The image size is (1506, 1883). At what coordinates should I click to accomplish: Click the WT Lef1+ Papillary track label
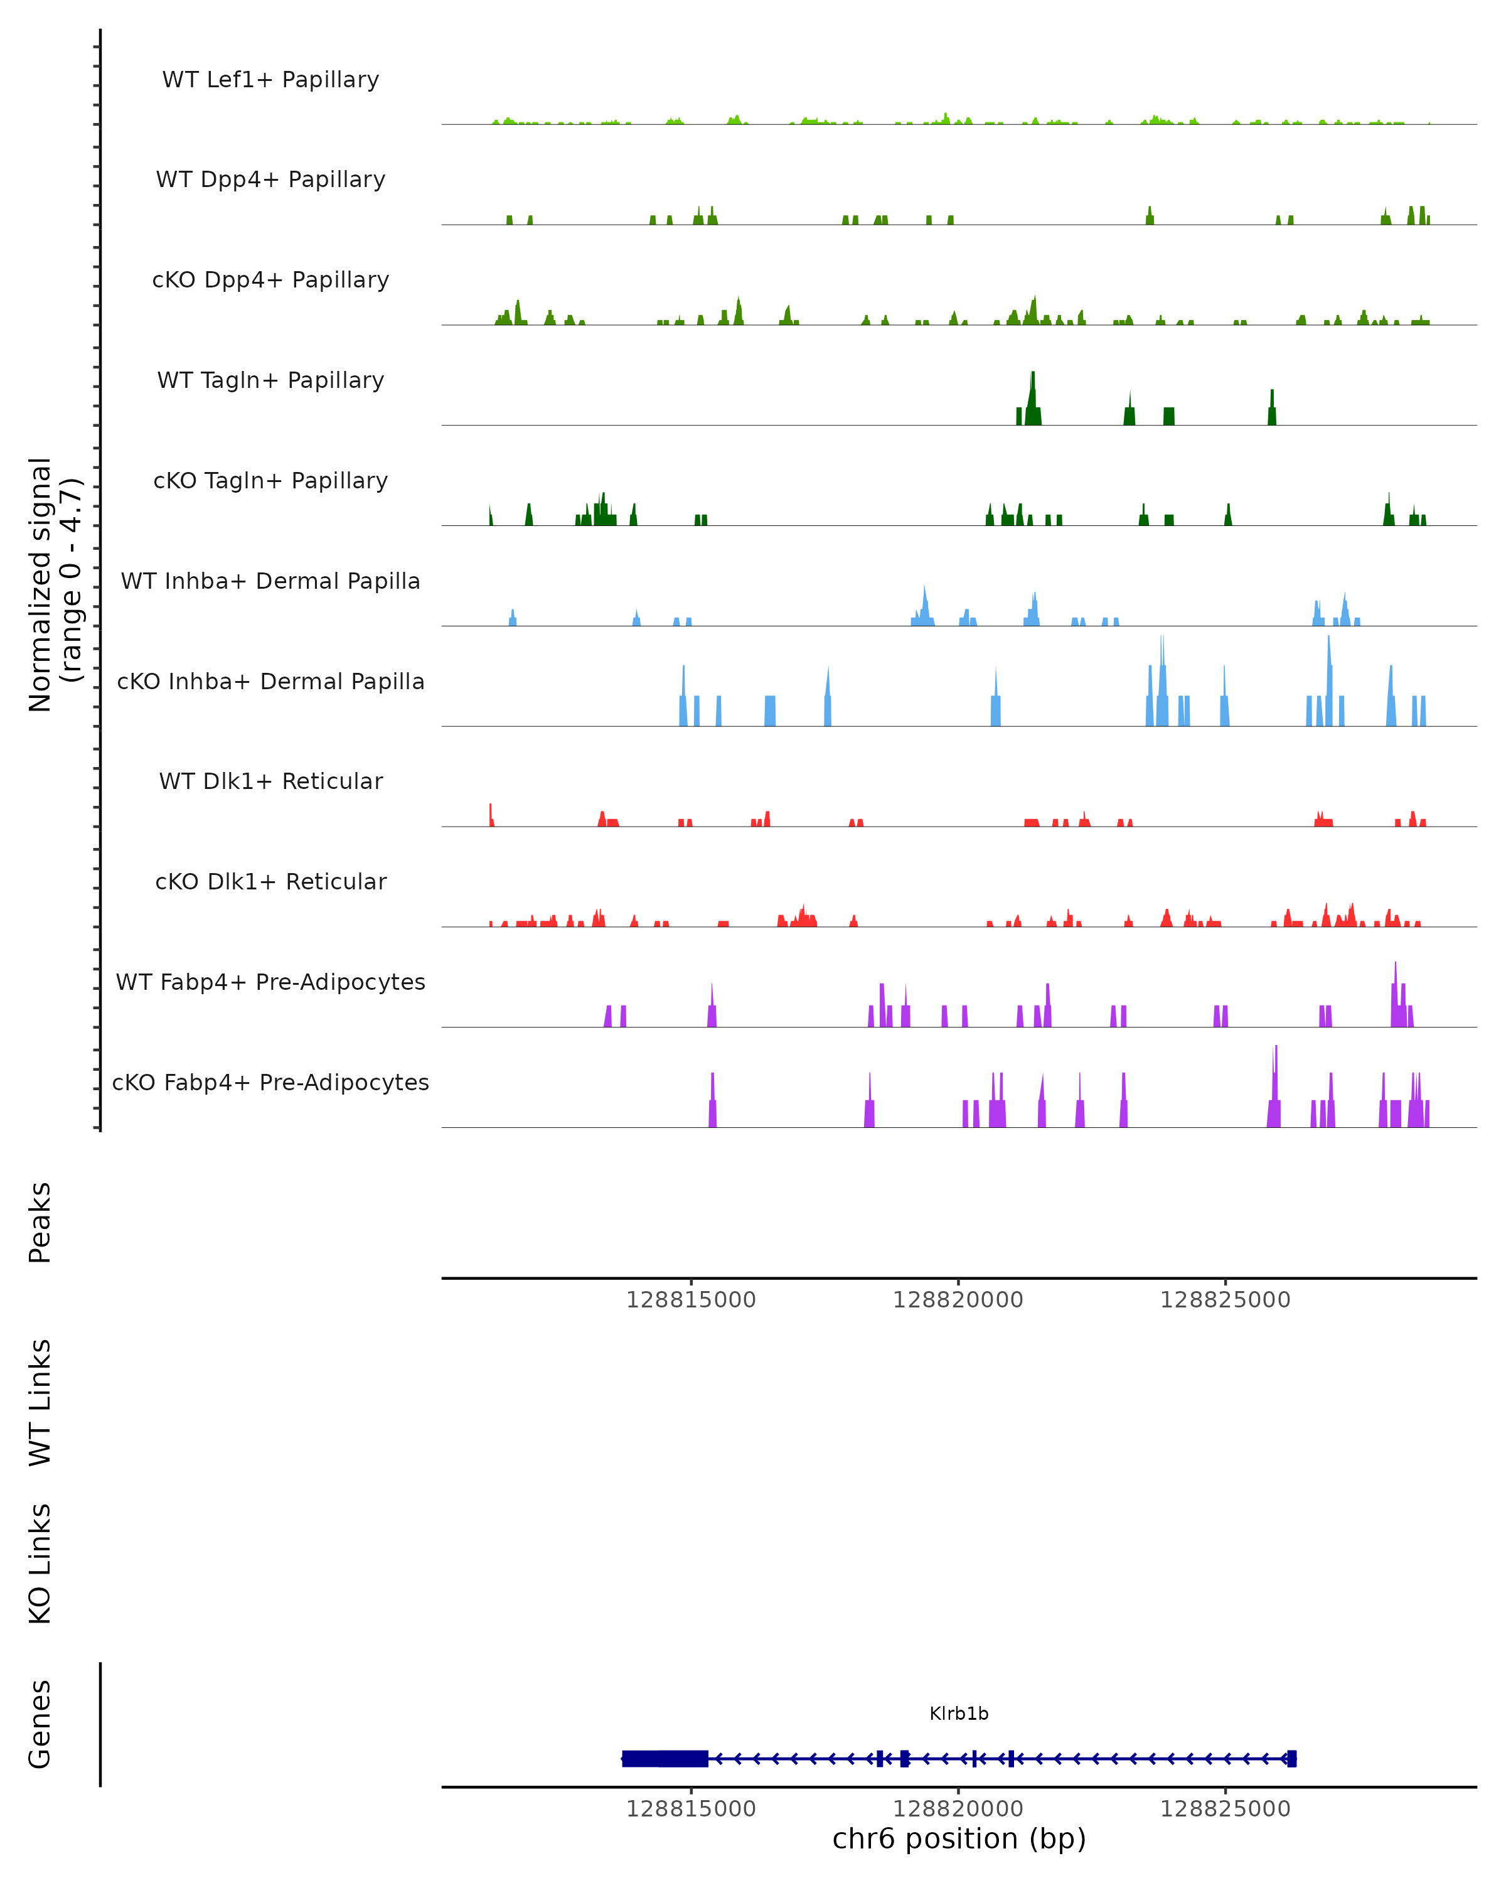click(x=270, y=80)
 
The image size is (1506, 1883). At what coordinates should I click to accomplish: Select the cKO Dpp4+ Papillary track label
click(x=270, y=281)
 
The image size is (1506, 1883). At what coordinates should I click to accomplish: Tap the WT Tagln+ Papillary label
click(x=270, y=381)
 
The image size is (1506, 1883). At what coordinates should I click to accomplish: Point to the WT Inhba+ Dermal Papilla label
click(x=270, y=582)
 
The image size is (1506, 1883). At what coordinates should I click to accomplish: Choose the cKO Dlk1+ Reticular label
click(x=270, y=882)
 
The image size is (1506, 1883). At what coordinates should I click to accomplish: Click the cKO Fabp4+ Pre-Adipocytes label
click(x=270, y=1083)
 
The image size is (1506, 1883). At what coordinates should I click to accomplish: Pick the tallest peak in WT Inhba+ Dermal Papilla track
click(x=924, y=594)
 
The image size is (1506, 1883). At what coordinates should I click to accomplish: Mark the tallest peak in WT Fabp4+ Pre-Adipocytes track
click(x=1395, y=974)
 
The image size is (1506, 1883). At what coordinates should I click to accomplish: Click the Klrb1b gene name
click(x=959, y=1714)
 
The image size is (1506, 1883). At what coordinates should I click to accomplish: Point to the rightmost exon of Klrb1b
click(x=1292, y=1759)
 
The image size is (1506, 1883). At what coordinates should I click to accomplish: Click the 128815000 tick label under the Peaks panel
click(x=691, y=1300)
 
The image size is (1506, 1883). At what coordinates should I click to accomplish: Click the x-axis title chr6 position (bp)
click(x=959, y=1839)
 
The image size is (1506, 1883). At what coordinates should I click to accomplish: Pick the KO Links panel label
click(x=40, y=1564)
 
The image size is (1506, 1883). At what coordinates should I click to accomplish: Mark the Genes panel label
click(x=40, y=1725)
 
